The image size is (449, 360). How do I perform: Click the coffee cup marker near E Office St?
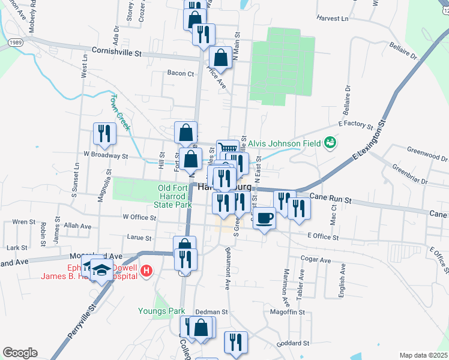coord(264,218)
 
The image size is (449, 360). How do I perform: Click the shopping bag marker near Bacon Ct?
coord(221,58)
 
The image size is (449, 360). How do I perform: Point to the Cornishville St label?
coord(116,52)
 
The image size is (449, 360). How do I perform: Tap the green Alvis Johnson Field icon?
coord(330,143)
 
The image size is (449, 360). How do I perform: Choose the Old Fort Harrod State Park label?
coord(175,196)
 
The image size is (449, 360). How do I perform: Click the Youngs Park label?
coord(161,311)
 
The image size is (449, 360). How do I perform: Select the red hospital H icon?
coord(145,272)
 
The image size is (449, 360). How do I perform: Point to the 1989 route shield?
coord(16,43)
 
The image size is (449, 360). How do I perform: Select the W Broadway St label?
coord(106,155)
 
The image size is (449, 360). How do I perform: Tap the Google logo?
coord(20,353)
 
